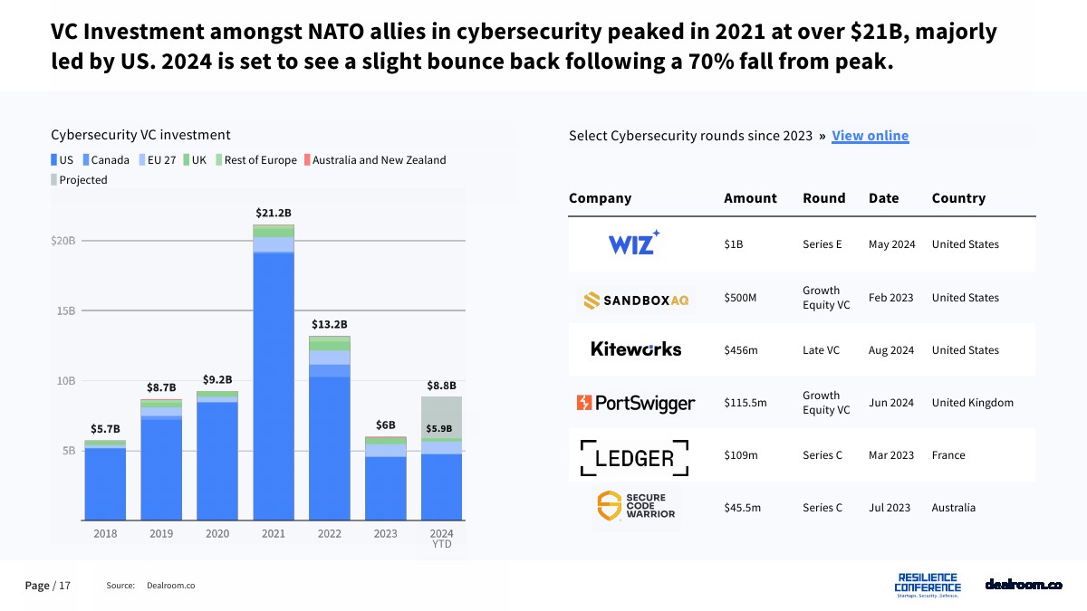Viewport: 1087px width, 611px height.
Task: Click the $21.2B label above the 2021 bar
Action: [274, 214]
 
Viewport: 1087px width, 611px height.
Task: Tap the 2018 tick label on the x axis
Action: [105, 534]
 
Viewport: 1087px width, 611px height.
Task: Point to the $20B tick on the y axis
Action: [63, 241]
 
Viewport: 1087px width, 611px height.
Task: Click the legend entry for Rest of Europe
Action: [260, 160]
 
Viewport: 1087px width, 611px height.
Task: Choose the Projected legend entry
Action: [82, 180]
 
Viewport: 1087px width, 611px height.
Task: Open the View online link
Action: [870, 136]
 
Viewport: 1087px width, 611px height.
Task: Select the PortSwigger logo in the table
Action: [636, 403]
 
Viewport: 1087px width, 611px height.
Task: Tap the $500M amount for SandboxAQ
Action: [740, 298]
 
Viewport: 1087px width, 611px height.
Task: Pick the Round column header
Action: [823, 198]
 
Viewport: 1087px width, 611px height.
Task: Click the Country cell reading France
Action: [949, 455]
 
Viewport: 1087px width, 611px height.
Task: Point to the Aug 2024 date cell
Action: [891, 350]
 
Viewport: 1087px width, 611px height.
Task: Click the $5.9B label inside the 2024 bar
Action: [439, 429]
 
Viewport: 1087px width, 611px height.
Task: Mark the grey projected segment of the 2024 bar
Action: [442, 412]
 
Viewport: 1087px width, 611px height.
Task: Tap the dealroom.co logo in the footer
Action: [1024, 585]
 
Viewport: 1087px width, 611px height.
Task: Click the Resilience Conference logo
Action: [927, 585]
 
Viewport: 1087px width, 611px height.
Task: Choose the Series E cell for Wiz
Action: [822, 244]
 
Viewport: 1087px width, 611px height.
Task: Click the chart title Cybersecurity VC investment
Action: [140, 135]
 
